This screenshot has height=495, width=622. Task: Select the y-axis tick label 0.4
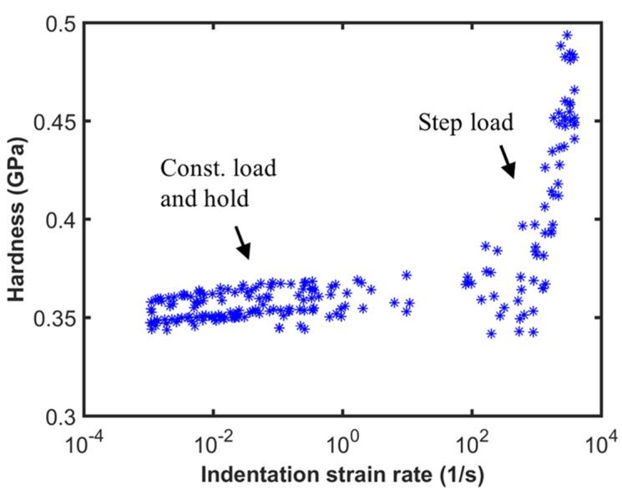[58, 220]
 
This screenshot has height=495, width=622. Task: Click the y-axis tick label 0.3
[58, 417]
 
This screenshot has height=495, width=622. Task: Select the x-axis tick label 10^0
[342, 440]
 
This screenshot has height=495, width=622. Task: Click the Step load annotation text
[464, 124]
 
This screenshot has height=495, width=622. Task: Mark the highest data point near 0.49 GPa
[567, 36]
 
